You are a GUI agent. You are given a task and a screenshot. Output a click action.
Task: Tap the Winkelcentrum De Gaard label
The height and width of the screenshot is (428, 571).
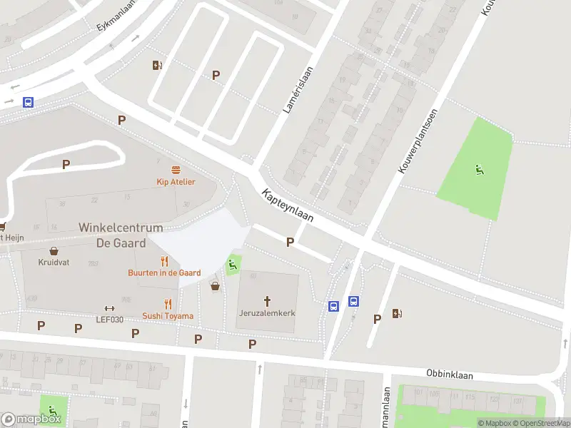click(121, 235)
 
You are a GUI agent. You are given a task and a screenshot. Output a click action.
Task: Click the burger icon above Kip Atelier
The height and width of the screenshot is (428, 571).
click(176, 169)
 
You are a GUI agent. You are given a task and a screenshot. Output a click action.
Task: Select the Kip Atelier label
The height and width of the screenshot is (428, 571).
click(176, 182)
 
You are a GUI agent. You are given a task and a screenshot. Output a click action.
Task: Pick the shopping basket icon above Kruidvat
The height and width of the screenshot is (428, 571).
click(54, 250)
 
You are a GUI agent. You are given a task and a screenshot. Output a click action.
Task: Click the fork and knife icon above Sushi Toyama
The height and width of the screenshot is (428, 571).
click(168, 303)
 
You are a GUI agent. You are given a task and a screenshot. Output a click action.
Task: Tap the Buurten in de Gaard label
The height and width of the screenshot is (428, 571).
click(164, 273)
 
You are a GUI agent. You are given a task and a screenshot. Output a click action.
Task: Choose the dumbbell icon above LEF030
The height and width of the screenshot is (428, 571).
click(109, 308)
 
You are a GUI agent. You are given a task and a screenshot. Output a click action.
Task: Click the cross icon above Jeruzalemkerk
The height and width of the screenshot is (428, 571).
click(268, 301)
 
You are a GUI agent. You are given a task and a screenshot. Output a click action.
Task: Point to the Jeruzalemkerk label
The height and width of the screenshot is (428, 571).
click(268, 313)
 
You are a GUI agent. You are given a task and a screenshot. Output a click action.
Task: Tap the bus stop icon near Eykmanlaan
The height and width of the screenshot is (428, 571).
click(28, 102)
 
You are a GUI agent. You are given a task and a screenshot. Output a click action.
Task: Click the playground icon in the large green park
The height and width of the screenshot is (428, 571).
click(479, 169)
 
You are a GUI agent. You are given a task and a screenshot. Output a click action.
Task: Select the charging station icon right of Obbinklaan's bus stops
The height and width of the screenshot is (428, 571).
click(397, 312)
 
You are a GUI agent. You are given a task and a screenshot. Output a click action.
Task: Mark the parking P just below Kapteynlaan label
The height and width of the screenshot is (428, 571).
click(290, 243)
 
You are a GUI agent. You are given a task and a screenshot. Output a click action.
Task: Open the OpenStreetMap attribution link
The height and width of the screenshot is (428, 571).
click(540, 423)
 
